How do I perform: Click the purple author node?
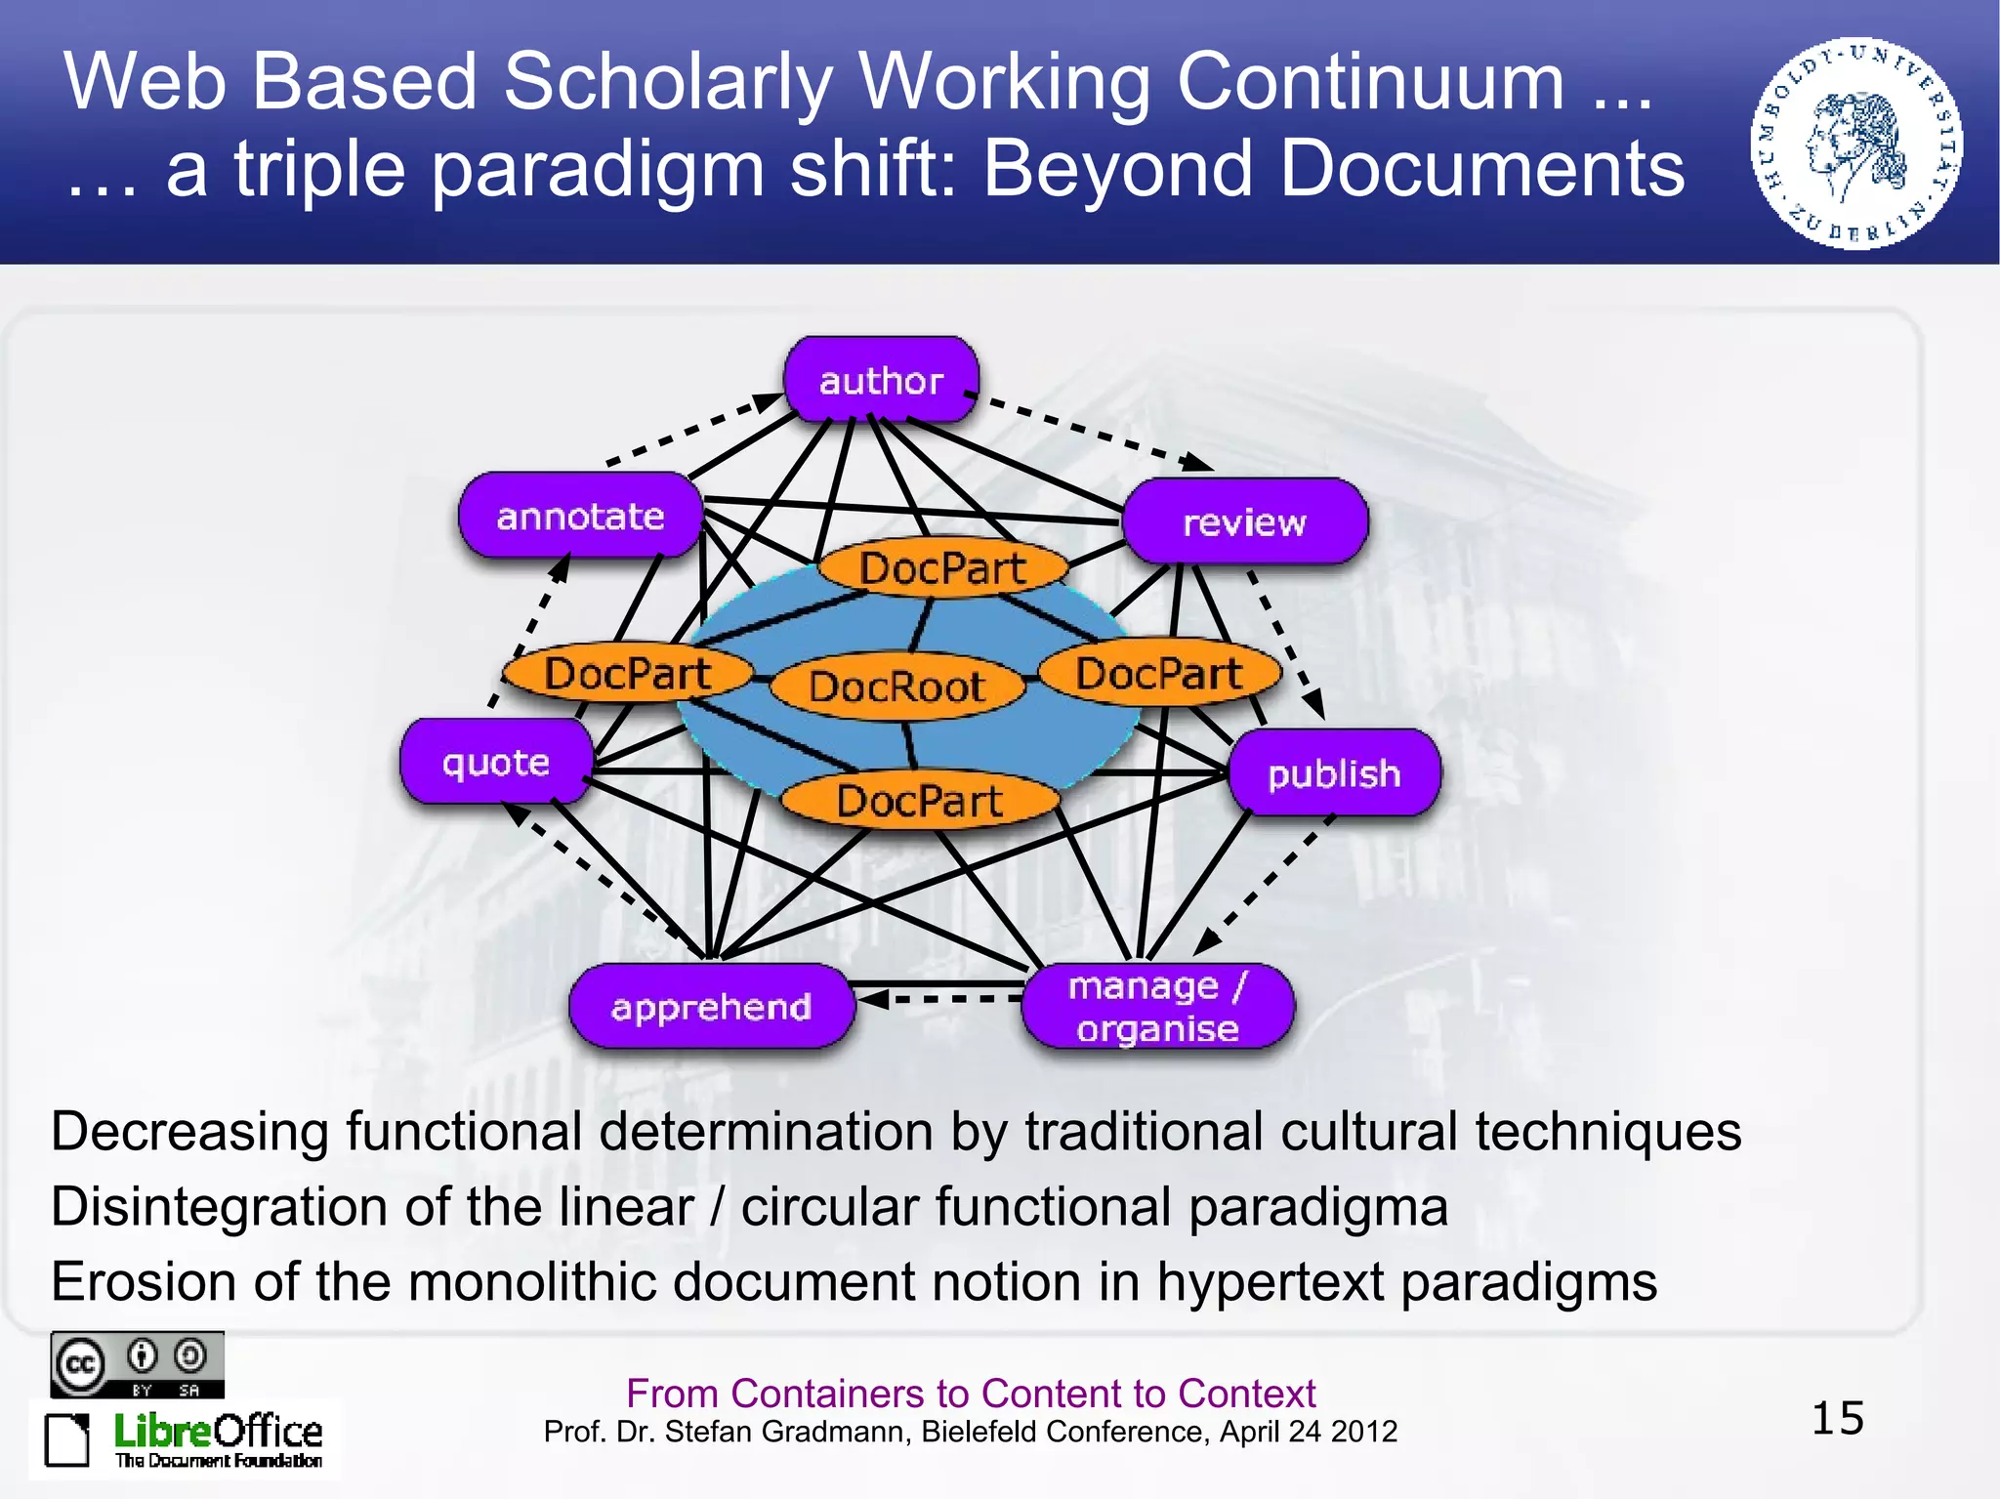tap(881, 381)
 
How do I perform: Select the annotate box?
tap(580, 516)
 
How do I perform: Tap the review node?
tap(1244, 522)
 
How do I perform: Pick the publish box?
tap(1334, 773)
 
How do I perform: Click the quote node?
tap(496, 762)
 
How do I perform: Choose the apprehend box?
tap(711, 1007)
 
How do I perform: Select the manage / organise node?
tap(1157, 1007)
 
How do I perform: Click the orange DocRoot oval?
tap(896, 687)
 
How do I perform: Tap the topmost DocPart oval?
tap(942, 568)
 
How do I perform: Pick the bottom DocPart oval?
tap(920, 801)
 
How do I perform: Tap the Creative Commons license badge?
tap(138, 1364)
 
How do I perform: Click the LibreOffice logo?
tap(186, 1438)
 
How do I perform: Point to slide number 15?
tap(1837, 1418)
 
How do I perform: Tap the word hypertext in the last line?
tap(1271, 1282)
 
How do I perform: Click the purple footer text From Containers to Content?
tap(971, 1394)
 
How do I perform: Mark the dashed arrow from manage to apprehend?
tap(942, 999)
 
